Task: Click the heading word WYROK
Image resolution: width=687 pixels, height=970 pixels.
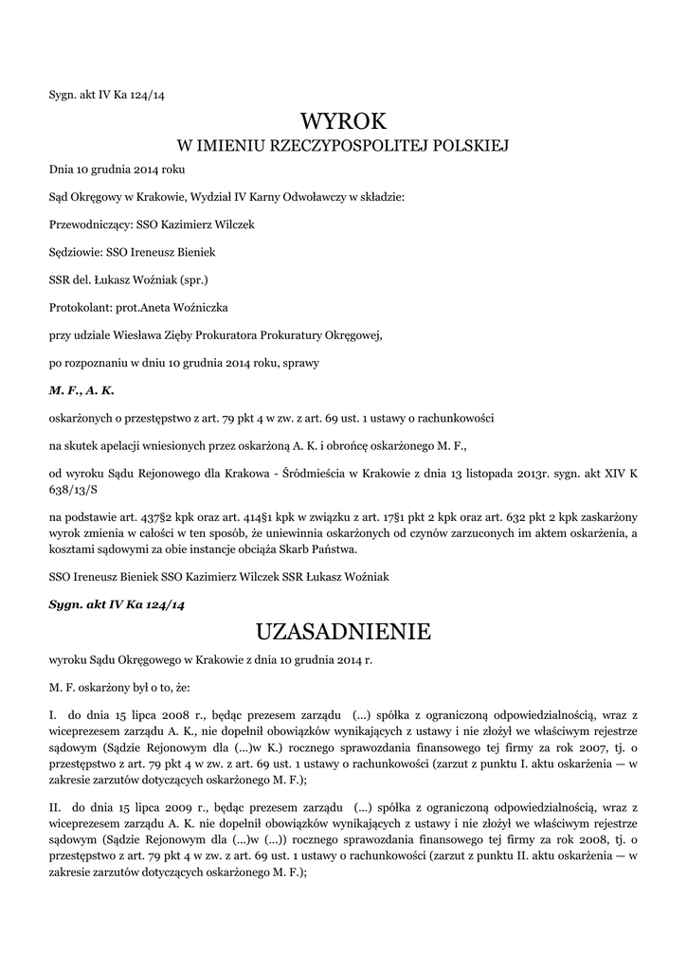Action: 343,121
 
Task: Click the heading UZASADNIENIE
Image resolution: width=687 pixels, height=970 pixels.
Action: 343,631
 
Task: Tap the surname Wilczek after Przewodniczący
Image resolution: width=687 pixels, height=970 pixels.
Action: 233,225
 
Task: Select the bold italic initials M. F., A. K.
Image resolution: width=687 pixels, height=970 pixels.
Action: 81,389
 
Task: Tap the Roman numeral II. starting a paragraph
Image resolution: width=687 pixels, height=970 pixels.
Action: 55,807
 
